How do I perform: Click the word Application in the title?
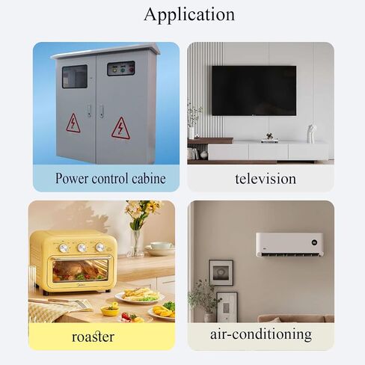(x=189, y=15)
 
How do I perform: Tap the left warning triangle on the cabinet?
(x=73, y=123)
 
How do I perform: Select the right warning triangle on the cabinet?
(x=120, y=128)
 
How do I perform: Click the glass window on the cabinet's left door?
(x=75, y=76)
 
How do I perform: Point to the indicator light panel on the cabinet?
(x=121, y=68)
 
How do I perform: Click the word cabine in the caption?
(x=149, y=179)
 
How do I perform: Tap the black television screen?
(x=254, y=91)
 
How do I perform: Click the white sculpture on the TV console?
(x=311, y=133)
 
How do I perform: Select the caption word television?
(x=266, y=179)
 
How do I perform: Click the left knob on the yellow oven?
(x=64, y=248)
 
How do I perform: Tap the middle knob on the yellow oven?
(x=82, y=248)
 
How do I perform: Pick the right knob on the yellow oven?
(x=100, y=247)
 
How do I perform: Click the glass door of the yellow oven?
(x=80, y=271)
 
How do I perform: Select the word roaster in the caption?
(x=93, y=337)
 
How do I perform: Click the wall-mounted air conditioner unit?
(x=289, y=245)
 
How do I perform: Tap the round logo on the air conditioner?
(x=314, y=242)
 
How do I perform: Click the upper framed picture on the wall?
(x=221, y=272)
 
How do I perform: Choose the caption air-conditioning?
(x=261, y=334)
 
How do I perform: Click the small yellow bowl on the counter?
(x=110, y=310)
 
